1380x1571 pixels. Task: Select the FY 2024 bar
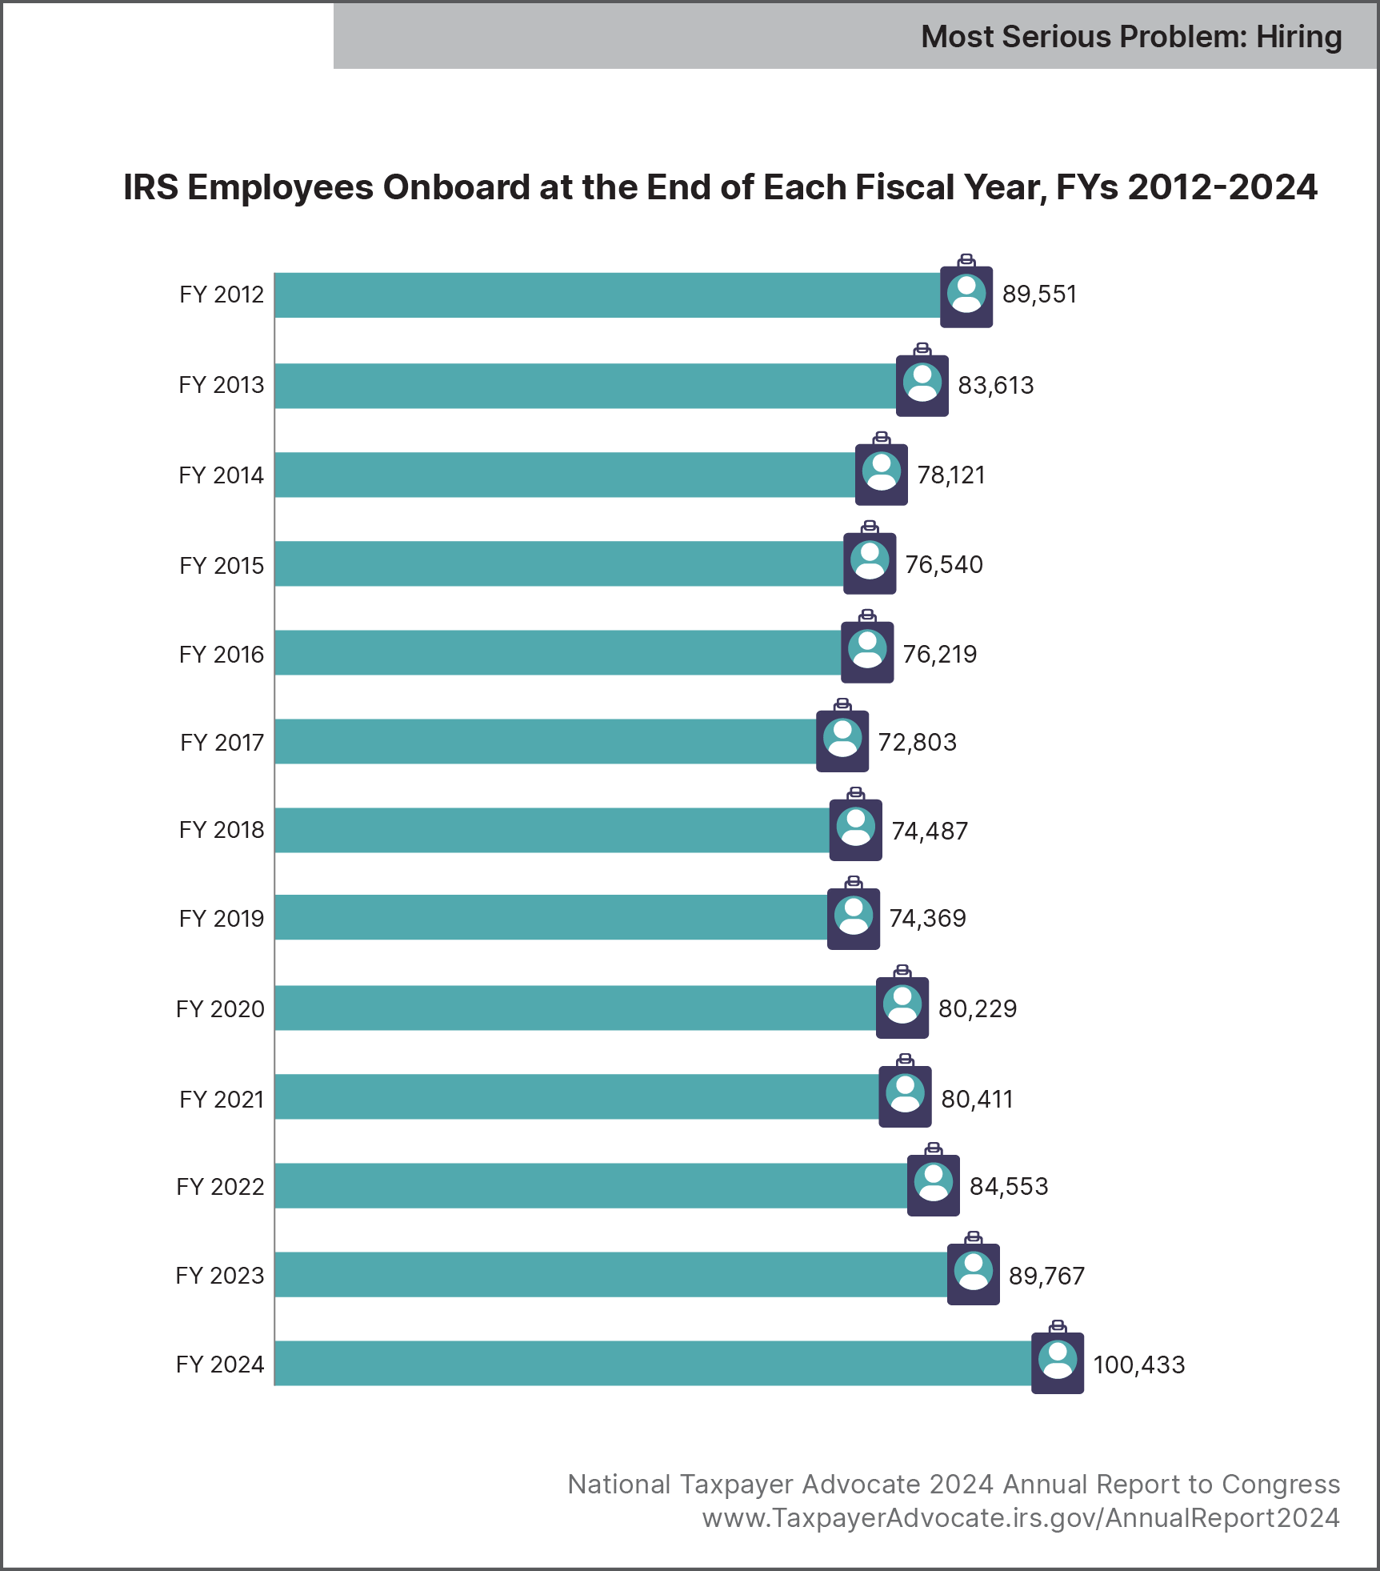click(652, 1363)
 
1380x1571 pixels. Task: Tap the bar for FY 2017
click(545, 741)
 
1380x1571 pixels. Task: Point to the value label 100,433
click(1138, 1365)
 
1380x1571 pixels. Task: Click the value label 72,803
click(917, 743)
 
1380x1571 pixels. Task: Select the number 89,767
click(1046, 1276)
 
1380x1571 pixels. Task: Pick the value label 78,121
click(950, 475)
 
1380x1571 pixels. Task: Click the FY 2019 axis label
click(222, 919)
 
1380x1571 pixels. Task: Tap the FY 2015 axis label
click(222, 566)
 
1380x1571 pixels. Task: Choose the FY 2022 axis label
click(220, 1187)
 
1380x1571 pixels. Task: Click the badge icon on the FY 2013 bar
click(922, 383)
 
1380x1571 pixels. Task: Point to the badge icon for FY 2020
click(902, 1006)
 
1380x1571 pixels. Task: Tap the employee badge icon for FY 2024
click(1058, 1361)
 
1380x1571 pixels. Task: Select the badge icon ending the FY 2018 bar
click(856, 828)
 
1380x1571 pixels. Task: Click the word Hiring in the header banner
click(1298, 37)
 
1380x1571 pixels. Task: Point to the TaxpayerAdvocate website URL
click(1021, 1518)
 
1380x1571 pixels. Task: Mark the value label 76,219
click(940, 655)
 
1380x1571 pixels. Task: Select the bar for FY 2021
click(576, 1096)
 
